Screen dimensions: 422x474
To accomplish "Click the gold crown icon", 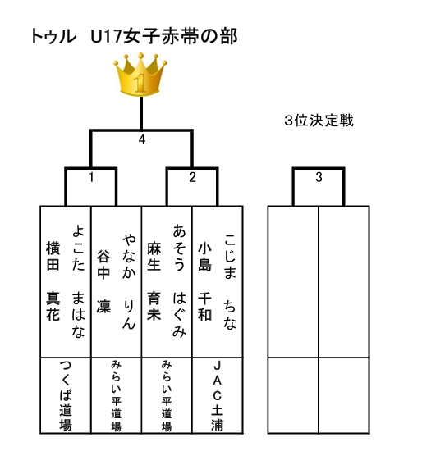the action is [140, 75].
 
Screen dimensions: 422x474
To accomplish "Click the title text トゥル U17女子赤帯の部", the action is [135, 37].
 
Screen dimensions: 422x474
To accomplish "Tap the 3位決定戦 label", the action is [319, 121].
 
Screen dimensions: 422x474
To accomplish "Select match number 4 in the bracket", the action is [142, 139].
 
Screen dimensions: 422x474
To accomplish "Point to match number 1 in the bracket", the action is [91, 177].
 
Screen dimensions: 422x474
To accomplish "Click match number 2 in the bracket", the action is [193, 177].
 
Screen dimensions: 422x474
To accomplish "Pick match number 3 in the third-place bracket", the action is [319, 177].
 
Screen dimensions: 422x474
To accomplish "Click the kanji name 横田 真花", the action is [53, 280].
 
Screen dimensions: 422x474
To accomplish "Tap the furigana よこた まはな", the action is [78, 280].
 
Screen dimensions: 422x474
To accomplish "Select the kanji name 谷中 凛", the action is [103, 280].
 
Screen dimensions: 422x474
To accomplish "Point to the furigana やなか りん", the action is [129, 280].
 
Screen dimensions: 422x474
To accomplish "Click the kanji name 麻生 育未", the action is [154, 280].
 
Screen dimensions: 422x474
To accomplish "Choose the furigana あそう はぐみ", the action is [179, 280].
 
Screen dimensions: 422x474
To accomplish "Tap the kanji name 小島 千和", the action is [204, 280].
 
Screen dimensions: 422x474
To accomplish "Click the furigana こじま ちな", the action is [230, 280].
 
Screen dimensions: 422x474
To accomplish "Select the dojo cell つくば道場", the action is [66, 396].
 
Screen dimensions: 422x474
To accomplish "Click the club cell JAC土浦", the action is [217, 396].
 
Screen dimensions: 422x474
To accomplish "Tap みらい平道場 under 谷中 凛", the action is [116, 396].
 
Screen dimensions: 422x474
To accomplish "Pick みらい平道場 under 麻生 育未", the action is [167, 396].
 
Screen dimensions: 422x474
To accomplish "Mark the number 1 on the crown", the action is [140, 84].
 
